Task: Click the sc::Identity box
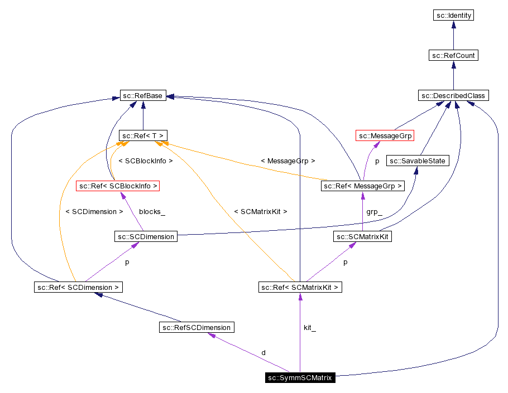point(453,16)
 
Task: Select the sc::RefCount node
point(453,56)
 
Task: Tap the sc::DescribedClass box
point(453,96)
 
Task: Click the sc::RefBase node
point(143,96)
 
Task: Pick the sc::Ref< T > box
point(143,135)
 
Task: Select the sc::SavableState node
point(418,161)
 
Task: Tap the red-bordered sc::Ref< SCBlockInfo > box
point(118,186)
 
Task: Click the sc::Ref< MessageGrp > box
point(363,186)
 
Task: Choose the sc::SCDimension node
point(145,237)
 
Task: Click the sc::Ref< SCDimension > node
point(78,288)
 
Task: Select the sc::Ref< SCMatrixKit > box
point(300,288)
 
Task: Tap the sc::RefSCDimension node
point(196,327)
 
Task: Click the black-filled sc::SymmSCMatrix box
point(300,378)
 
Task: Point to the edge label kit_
point(310,328)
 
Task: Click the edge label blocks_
point(152,212)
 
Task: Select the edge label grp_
point(374,212)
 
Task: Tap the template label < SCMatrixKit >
point(261,212)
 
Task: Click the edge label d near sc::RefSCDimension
point(263,353)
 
